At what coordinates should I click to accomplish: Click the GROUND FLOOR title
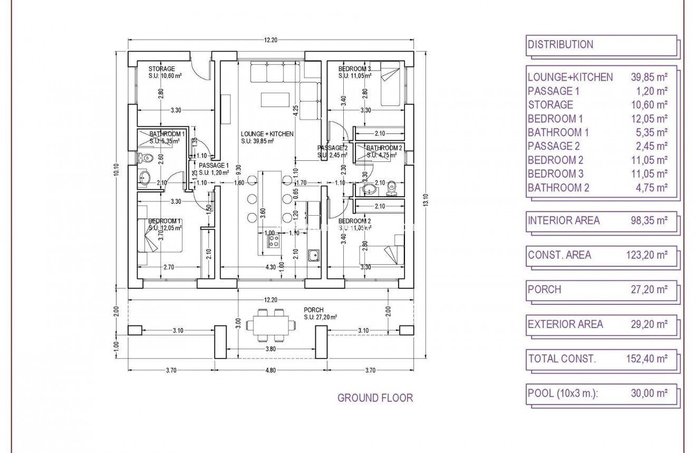click(x=375, y=398)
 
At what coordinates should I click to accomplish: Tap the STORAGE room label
click(x=161, y=69)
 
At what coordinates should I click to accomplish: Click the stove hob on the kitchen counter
click(x=274, y=241)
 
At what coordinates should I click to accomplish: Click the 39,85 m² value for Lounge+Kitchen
click(x=649, y=77)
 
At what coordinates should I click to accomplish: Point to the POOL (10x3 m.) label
click(x=563, y=393)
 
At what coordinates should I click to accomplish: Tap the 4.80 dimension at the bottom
click(x=270, y=370)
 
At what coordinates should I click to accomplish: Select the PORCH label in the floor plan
click(x=313, y=310)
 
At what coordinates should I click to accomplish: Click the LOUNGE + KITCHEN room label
click(x=267, y=134)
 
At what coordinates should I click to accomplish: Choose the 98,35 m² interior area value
click(x=649, y=220)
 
